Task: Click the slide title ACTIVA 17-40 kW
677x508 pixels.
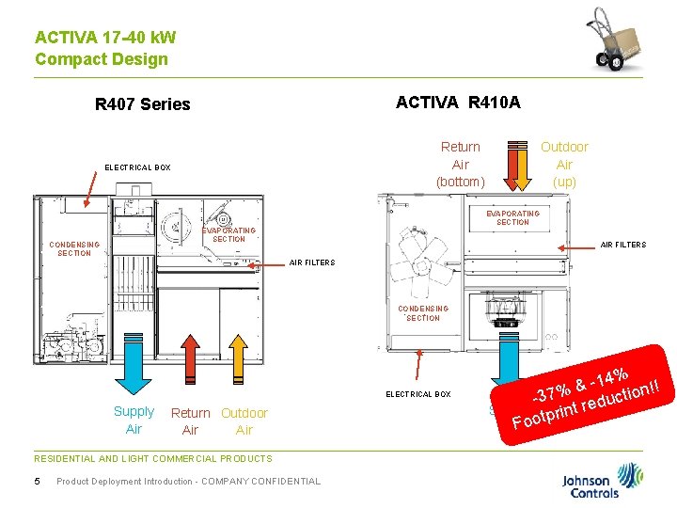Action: (x=105, y=38)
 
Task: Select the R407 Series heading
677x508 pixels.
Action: (x=143, y=104)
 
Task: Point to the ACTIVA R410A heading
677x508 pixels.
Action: (x=458, y=102)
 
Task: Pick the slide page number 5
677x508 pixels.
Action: (x=37, y=482)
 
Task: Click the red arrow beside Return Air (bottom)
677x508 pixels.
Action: (x=518, y=166)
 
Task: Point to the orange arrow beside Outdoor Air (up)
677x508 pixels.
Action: (x=518, y=166)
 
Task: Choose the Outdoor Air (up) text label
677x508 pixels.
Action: (x=564, y=164)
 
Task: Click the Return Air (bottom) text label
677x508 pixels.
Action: (x=460, y=164)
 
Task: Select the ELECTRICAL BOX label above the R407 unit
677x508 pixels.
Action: (x=137, y=167)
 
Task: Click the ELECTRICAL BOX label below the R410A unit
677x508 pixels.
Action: (x=418, y=394)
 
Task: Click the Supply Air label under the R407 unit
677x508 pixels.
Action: (x=134, y=421)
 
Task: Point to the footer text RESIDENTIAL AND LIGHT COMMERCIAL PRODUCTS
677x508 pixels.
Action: (x=152, y=459)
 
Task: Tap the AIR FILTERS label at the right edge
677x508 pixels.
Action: (x=623, y=245)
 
